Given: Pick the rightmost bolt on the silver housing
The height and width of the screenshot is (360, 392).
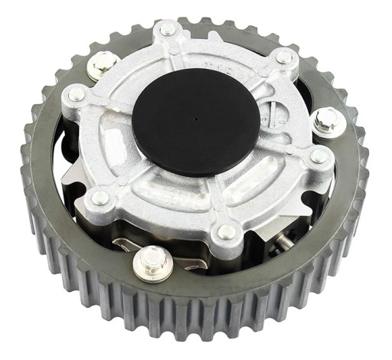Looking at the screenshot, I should click(x=320, y=155).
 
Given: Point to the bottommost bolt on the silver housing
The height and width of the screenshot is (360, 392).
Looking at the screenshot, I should click(x=227, y=230).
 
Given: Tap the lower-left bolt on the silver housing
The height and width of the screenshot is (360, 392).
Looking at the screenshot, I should click(x=99, y=198).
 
